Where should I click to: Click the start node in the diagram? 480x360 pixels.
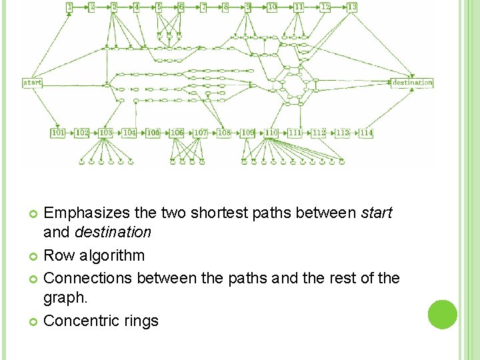click(33, 83)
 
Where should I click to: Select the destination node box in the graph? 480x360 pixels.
click(412, 83)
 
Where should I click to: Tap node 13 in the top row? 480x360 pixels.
click(352, 7)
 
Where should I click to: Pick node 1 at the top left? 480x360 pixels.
click(69, 7)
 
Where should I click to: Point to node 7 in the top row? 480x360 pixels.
click(203, 7)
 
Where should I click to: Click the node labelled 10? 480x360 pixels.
click(272, 7)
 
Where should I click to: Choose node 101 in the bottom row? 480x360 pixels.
click(59, 133)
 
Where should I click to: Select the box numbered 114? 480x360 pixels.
click(366, 133)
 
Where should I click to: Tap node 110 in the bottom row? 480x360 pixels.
click(271, 133)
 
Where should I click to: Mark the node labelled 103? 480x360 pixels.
click(105, 133)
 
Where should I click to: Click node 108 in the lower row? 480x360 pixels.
click(224, 133)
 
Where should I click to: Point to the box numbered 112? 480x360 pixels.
click(319, 133)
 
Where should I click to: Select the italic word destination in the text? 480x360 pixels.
click(113, 233)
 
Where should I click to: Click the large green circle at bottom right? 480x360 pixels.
click(443, 315)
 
